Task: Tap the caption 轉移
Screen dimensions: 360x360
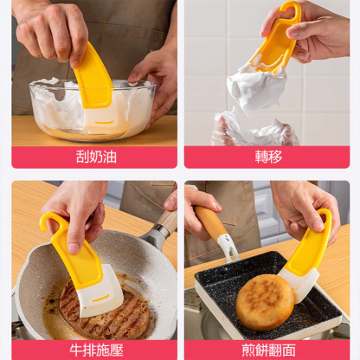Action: (267, 157)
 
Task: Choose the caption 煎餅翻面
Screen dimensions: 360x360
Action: (267, 350)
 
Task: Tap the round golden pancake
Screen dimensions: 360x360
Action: (264, 301)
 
